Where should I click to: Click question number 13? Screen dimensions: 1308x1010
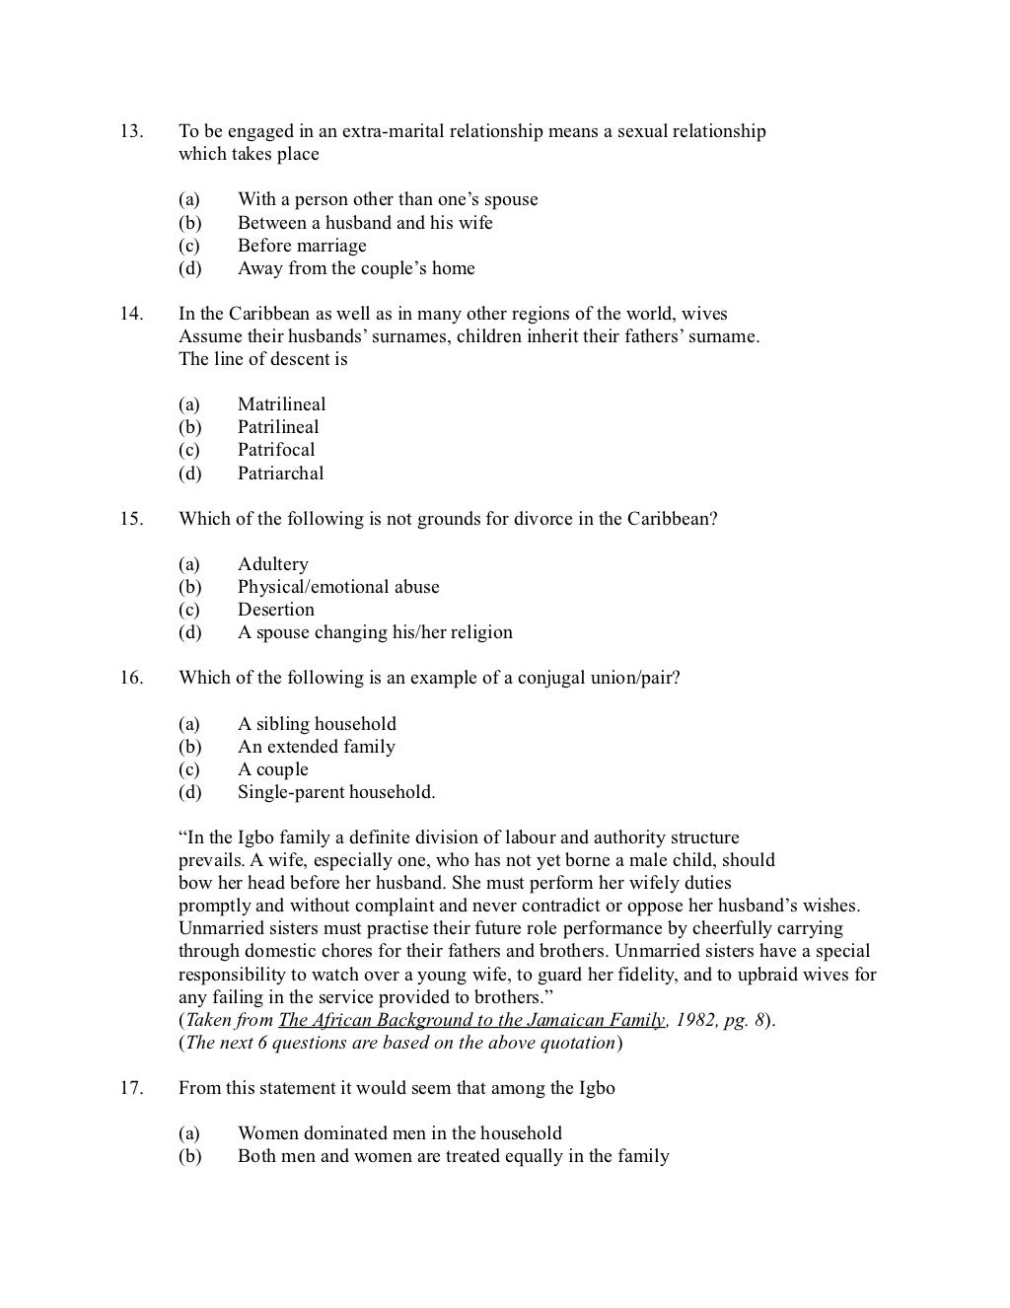click(130, 131)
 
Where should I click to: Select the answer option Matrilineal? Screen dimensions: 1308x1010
click(281, 404)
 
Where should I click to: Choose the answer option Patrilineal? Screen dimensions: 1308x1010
click(278, 427)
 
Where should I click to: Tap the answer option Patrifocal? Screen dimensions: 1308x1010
click(276, 450)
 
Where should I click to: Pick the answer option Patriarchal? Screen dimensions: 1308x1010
click(280, 473)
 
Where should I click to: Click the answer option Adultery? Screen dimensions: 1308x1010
click(272, 564)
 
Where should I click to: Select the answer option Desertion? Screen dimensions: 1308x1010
click(275, 610)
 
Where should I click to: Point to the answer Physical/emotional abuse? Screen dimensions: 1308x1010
click(338, 587)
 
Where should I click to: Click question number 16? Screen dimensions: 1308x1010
click(130, 679)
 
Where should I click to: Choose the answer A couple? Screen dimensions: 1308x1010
click(272, 769)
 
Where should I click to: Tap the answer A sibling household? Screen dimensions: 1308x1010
click(317, 724)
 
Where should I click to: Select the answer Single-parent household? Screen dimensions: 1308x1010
click(335, 792)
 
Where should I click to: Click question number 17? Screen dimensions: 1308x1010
click(130, 1089)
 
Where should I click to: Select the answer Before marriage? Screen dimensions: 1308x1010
click(302, 246)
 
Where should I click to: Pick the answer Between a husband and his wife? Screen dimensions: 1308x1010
click(365, 223)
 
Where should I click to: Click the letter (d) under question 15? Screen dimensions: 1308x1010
click(189, 632)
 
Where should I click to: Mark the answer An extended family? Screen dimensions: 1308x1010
click(316, 747)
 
